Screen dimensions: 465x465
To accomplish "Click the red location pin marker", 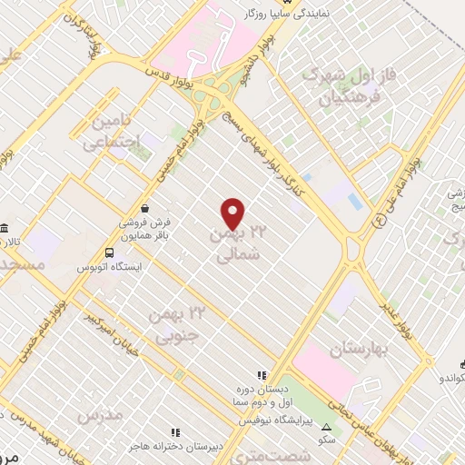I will tap(233, 213).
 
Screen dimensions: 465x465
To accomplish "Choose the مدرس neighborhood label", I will tap(100, 417).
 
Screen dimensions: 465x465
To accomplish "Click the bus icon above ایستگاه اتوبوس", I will tap(110, 252).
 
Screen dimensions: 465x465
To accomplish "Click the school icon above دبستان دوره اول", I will tap(262, 374).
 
